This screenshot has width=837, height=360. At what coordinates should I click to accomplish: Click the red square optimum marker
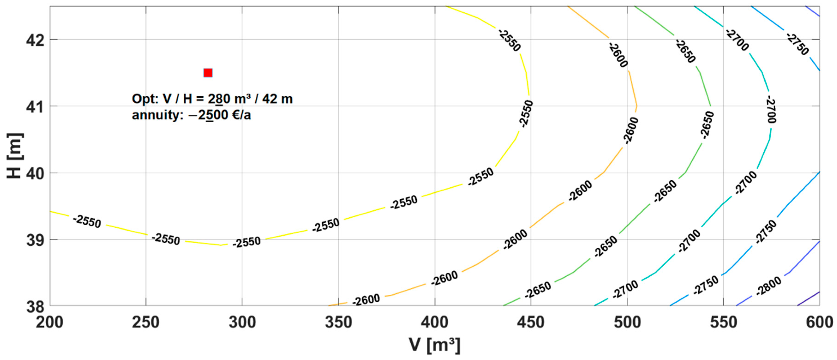(208, 73)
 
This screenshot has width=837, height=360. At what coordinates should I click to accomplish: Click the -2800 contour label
(769, 286)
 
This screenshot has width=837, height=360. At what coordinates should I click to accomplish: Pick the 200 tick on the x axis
(49, 323)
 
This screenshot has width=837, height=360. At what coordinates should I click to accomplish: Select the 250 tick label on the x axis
(146, 323)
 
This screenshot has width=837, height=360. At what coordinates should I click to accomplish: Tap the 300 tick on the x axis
(242, 323)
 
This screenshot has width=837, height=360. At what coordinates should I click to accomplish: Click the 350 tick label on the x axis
(338, 323)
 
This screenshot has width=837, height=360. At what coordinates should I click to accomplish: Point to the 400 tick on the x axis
(434, 323)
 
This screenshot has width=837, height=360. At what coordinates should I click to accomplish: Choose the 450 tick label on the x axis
(531, 323)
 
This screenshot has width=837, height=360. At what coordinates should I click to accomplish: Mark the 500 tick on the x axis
(627, 323)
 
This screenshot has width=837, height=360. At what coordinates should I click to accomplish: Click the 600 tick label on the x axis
(819, 323)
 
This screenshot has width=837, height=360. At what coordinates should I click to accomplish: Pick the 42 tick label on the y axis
(35, 41)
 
